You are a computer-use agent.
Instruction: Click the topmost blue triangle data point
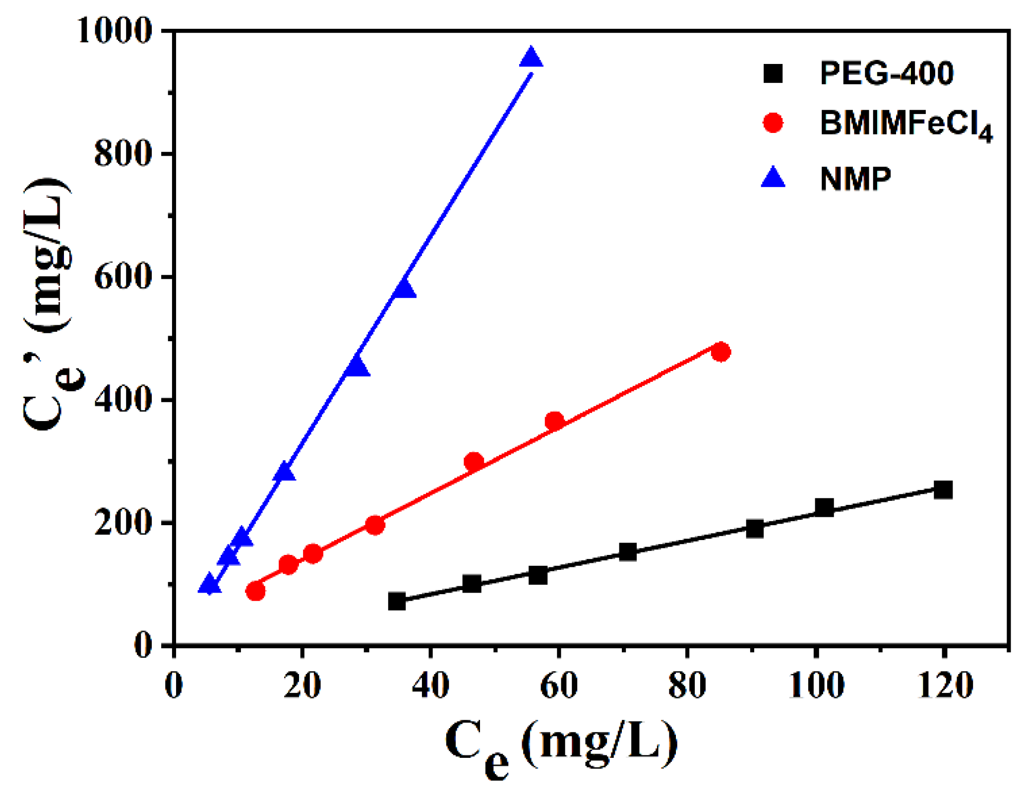coord(531,59)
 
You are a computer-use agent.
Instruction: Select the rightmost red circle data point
coord(720,352)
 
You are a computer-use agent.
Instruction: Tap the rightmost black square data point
coord(942,489)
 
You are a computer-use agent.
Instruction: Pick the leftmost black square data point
coord(397,601)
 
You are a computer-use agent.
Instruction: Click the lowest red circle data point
coord(255,590)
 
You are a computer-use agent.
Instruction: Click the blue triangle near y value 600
coord(404,289)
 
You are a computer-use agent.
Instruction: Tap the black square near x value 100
coord(824,507)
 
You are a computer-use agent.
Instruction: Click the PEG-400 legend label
coord(886,73)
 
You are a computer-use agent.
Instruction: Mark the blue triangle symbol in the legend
coord(773,178)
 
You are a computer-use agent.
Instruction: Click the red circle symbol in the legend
coord(773,122)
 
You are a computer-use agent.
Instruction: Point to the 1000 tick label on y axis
coord(114,31)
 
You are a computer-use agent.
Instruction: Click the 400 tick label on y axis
coord(122,399)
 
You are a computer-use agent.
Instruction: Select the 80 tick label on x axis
coord(687,686)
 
